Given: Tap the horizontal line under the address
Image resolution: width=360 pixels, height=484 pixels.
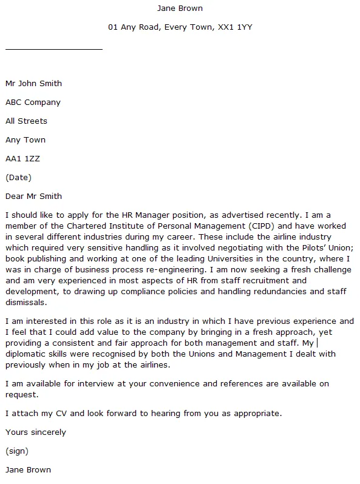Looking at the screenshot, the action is pyautogui.click(x=54, y=49).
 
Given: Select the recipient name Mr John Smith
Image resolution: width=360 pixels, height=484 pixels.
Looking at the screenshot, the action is pyautogui.click(x=33, y=83).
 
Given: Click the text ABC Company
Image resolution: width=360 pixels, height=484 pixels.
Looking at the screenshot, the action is pyautogui.click(x=33, y=102).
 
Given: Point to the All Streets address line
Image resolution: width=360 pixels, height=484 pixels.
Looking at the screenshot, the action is pyautogui.click(x=26, y=121).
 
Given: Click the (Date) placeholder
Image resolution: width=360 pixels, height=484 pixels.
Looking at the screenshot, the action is pyautogui.click(x=18, y=177).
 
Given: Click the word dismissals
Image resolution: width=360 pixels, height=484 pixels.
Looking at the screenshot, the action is pyautogui.click(x=25, y=302).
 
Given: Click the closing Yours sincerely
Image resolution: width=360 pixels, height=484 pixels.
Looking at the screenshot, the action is pyautogui.click(x=35, y=432).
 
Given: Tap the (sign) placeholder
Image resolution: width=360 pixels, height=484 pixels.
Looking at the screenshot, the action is pyautogui.click(x=17, y=451).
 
